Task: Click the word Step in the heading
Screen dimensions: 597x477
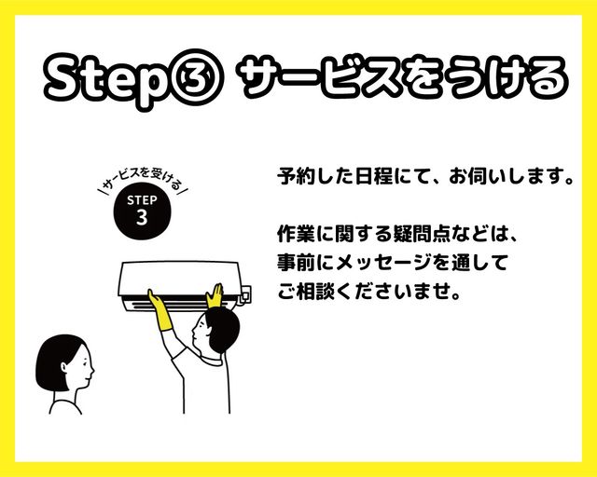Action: point(106,80)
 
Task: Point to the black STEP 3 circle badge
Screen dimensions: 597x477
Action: point(142,211)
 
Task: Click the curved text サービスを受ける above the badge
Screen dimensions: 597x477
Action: point(143,180)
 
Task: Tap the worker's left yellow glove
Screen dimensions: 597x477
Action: point(160,310)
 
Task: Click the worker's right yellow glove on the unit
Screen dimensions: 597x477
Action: point(215,295)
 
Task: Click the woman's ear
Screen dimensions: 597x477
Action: point(64,367)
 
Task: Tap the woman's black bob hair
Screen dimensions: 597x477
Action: point(57,361)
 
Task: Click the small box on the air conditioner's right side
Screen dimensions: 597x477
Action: point(245,294)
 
